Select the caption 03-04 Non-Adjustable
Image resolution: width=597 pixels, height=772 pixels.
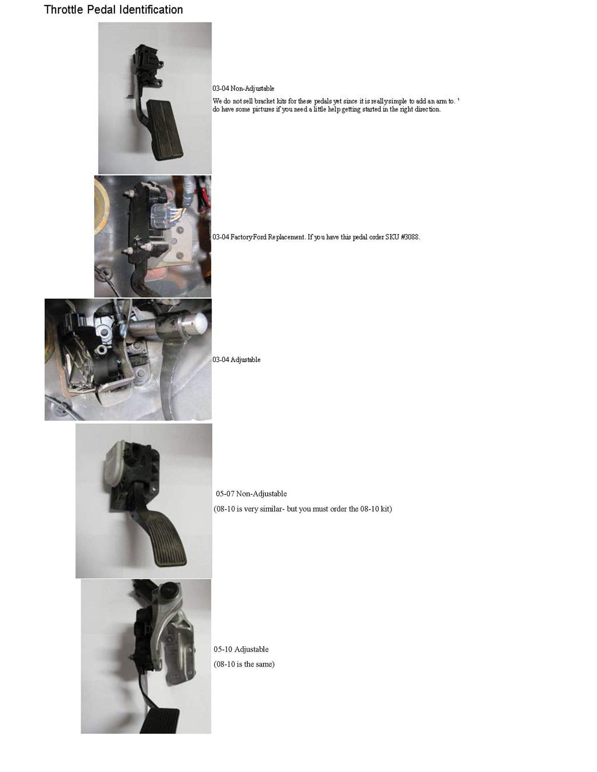243,88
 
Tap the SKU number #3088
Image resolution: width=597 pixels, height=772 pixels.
410,237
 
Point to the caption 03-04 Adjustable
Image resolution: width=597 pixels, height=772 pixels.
236,360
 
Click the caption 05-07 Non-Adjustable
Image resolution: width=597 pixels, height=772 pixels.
251,494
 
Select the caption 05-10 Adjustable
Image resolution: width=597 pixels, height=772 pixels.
241,649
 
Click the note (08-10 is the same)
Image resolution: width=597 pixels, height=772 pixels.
244,664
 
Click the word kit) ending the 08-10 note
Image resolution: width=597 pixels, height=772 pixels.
385,509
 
